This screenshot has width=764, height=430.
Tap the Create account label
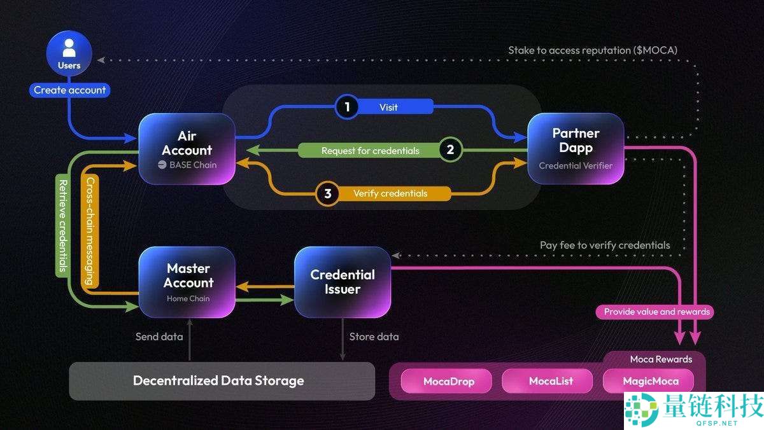pos(69,90)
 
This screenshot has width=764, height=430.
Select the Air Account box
pos(187,149)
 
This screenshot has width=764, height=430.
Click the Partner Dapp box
pos(576,149)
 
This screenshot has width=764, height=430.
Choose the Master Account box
pos(187,282)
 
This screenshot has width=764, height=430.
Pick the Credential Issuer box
pos(343,282)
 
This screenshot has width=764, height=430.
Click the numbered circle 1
pos(347,107)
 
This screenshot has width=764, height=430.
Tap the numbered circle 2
pos(450,150)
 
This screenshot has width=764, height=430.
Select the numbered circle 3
pos(327,193)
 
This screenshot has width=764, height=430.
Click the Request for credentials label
pos(370,151)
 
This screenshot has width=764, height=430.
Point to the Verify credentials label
pos(390,193)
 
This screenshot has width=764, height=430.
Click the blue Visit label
pos(388,107)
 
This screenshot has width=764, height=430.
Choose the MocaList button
pos(551,382)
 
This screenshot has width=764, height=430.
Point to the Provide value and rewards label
pos(656,312)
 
